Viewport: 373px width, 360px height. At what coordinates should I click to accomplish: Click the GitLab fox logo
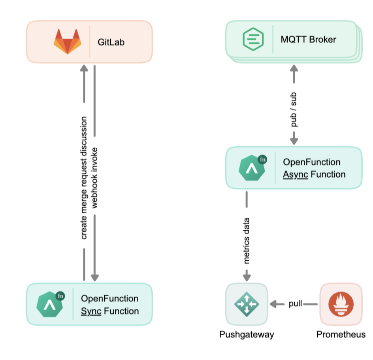68,41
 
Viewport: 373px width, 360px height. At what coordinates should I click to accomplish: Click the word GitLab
111,42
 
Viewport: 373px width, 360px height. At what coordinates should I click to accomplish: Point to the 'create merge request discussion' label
84,178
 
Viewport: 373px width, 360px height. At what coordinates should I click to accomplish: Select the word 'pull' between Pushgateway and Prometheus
296,304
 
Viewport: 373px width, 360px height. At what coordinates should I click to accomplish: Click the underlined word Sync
91,311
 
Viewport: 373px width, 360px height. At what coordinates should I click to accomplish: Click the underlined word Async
295,174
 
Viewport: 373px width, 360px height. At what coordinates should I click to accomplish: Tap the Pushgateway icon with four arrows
247,304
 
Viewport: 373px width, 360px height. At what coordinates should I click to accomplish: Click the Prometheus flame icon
341,304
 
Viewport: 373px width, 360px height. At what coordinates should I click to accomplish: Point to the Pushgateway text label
247,335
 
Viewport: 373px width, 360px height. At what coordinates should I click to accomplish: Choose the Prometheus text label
341,335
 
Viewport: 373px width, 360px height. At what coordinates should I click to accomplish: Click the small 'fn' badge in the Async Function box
262,160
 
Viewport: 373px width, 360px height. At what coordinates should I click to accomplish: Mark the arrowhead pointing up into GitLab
84,68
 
